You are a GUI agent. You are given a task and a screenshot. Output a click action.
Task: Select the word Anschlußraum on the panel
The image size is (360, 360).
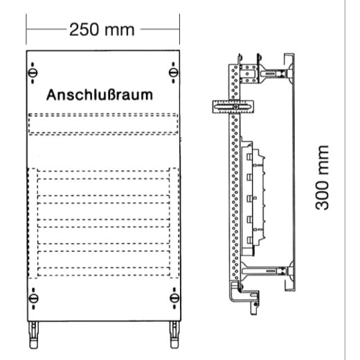pyautogui.click(x=100, y=95)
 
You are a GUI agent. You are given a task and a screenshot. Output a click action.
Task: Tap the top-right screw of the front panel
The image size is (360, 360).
pyautogui.click(x=170, y=72)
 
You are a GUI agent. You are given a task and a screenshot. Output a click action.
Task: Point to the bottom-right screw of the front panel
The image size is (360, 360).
pyautogui.click(x=170, y=299)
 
